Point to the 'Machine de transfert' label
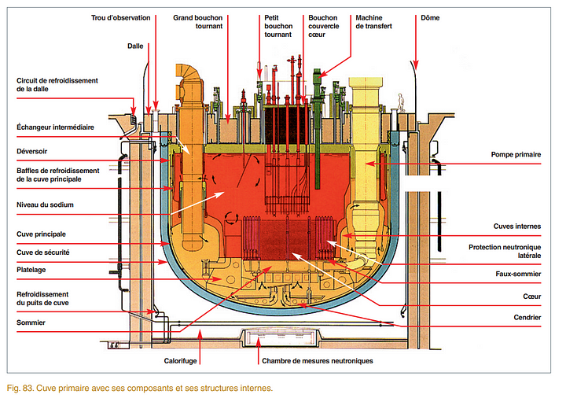pos(373,21)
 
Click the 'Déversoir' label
pos(35,150)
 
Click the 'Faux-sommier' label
pos(518,274)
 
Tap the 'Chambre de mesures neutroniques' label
pos(317,360)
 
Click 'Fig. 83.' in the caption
pos(23,387)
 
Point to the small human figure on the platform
pos(401,101)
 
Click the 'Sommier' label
pos(31,322)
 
